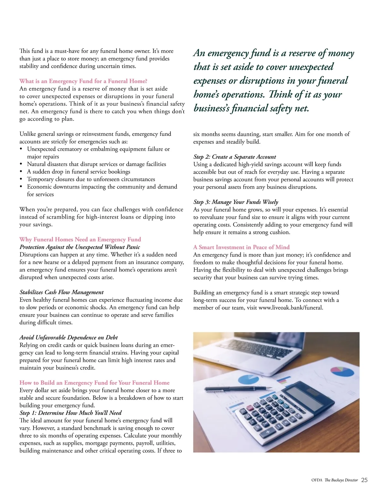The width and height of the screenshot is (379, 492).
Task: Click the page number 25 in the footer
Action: click(364, 480)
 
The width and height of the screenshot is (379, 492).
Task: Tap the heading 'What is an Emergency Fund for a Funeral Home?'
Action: click(83, 81)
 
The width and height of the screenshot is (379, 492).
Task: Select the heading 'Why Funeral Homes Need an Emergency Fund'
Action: click(80, 239)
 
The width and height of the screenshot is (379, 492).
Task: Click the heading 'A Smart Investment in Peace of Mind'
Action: click(241, 247)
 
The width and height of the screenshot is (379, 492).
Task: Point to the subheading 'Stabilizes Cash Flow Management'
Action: click(62, 292)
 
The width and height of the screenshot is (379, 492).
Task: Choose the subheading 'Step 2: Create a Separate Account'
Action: click(235, 157)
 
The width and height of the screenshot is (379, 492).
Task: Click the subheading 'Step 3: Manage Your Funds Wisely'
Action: click(236, 202)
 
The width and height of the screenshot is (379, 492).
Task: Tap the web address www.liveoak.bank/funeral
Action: click(291, 308)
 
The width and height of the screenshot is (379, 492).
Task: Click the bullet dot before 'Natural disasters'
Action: click(21, 164)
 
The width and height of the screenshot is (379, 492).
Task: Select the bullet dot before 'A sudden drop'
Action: click(21, 172)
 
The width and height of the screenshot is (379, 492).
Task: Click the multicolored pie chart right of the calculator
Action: click(342, 371)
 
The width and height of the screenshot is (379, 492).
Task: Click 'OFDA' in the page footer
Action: click(317, 480)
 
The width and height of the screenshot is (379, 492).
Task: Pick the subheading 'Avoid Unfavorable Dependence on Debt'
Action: click(69, 338)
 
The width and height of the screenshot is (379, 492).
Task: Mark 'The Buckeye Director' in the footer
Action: click(341, 480)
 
